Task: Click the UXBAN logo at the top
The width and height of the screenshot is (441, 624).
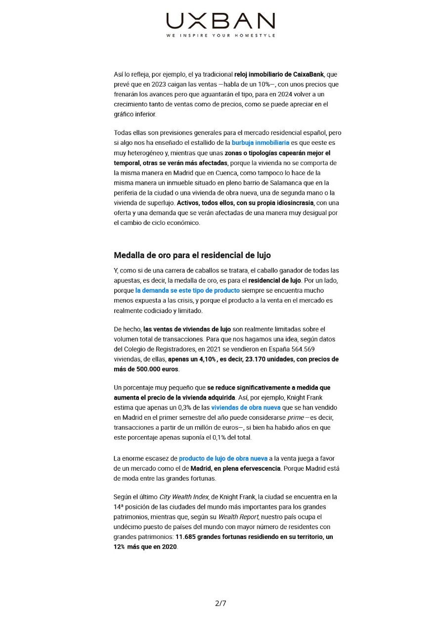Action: [x=220, y=21]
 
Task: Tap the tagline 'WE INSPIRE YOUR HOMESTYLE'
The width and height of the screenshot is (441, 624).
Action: [x=220, y=36]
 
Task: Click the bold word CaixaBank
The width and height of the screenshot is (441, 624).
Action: [x=307, y=74]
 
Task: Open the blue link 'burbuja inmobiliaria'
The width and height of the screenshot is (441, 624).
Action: [x=261, y=142]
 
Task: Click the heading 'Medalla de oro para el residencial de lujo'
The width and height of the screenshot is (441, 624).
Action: [x=192, y=255]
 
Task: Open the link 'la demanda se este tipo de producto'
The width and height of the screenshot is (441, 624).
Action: [x=187, y=290]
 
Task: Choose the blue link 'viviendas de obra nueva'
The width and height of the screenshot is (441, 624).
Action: [x=246, y=407]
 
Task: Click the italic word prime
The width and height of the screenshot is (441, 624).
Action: [x=296, y=417]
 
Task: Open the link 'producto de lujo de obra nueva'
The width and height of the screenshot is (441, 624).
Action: [x=223, y=458]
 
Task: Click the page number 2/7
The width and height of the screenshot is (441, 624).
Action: [x=220, y=603]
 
